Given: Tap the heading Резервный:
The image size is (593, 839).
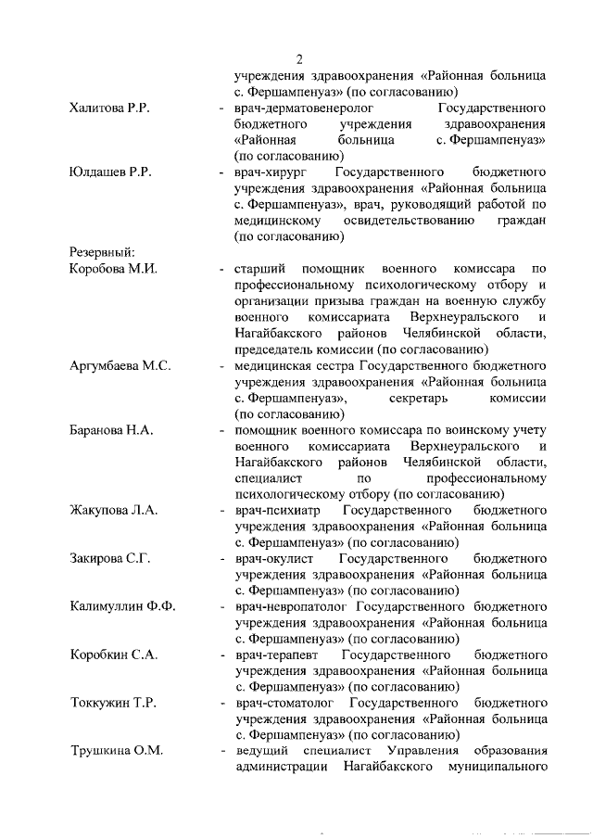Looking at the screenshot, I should coord(104,252).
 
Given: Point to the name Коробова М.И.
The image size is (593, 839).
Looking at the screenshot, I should coord(114,269).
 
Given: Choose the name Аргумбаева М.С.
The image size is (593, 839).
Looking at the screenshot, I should coord(120,365).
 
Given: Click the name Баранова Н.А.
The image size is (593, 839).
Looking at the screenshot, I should coord(111,430).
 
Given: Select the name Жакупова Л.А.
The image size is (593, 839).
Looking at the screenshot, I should coord(114,510).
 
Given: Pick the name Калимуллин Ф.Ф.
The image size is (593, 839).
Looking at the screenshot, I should coord(122,607).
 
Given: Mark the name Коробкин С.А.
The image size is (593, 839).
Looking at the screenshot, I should coord(113,655).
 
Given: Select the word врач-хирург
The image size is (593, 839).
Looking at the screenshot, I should coord(272,172).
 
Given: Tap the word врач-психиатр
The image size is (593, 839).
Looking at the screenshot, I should coord(277,510).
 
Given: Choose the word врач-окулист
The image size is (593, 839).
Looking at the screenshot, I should coord(275,559).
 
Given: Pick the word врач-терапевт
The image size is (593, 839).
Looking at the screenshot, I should coord(276,655).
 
